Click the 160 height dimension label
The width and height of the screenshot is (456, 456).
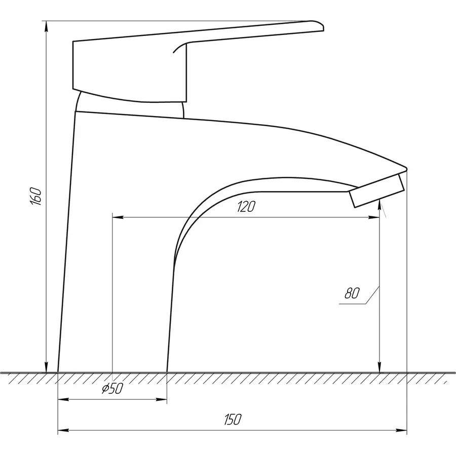click(36, 196)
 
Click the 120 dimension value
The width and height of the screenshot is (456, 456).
click(246, 206)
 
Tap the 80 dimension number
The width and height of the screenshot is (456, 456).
click(352, 293)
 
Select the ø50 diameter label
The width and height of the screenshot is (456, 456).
click(112, 388)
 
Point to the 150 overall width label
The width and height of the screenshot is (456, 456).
click(233, 419)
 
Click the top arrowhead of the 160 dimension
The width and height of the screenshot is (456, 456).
click(46, 26)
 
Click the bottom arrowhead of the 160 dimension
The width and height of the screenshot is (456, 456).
click(46, 367)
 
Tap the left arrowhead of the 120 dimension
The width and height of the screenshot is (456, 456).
click(118, 217)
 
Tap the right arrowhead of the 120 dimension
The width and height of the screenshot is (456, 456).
click(374, 217)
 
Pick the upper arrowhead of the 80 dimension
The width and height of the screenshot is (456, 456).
click(379, 205)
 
